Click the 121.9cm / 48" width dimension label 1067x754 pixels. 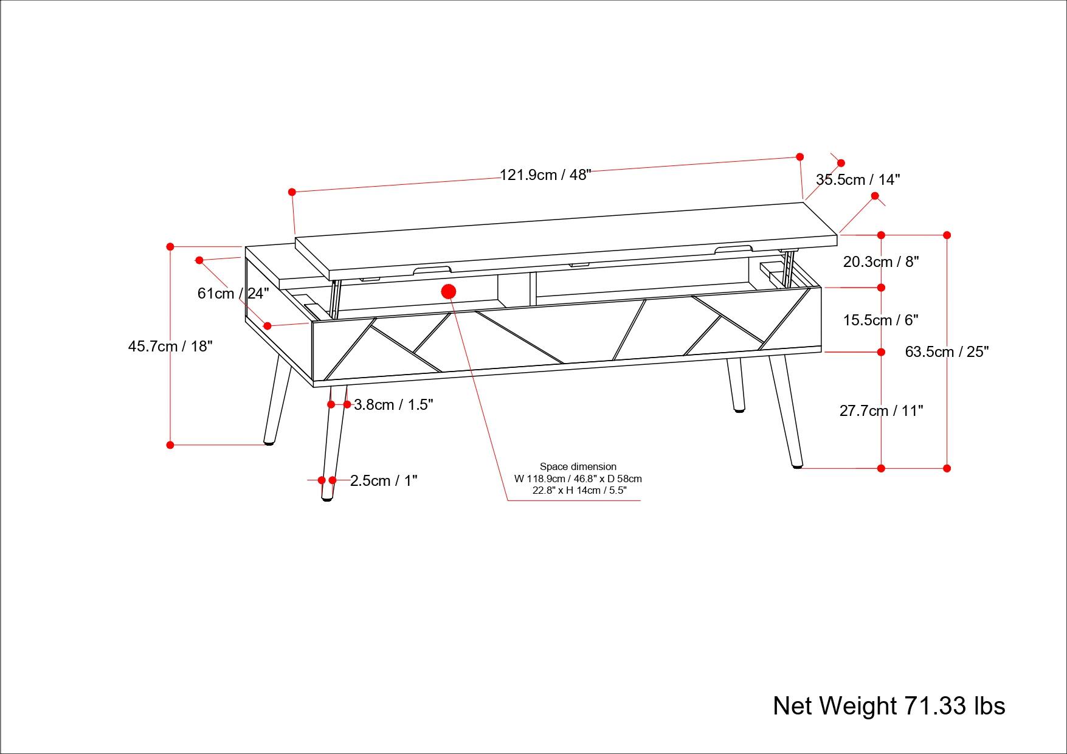(545, 175)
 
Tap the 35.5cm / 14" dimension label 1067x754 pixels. (857, 180)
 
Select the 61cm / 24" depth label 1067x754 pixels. (233, 294)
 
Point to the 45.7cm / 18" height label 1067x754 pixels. (170, 347)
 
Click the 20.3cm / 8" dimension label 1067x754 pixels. (880, 262)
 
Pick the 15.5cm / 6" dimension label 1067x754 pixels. (880, 320)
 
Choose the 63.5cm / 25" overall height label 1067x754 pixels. (947, 352)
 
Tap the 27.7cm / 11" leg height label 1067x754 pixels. (881, 411)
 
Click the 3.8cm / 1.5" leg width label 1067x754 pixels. (393, 405)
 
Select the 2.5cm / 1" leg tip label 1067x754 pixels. (384, 481)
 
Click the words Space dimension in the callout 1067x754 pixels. (578, 467)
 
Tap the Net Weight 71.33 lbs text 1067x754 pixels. (888, 706)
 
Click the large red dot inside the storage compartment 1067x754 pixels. (449, 292)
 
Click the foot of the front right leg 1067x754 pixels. (796, 465)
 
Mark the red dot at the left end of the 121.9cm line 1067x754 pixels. (292, 192)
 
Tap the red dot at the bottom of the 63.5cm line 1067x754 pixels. (947, 468)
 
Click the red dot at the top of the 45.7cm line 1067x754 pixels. (170, 247)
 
